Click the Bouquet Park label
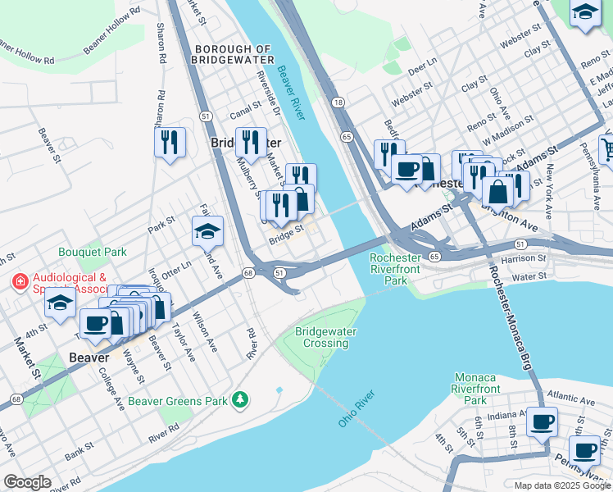pos(92,253)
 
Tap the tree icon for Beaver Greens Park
pos(240,399)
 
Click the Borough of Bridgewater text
pos(231,54)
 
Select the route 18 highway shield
pos(338,102)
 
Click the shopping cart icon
pos(607,148)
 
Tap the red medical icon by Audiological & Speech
pos(18,282)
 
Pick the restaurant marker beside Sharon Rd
pos(170,142)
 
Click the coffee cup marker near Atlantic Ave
pos(542,421)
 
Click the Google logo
pos(27,481)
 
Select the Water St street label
pos(530,277)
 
